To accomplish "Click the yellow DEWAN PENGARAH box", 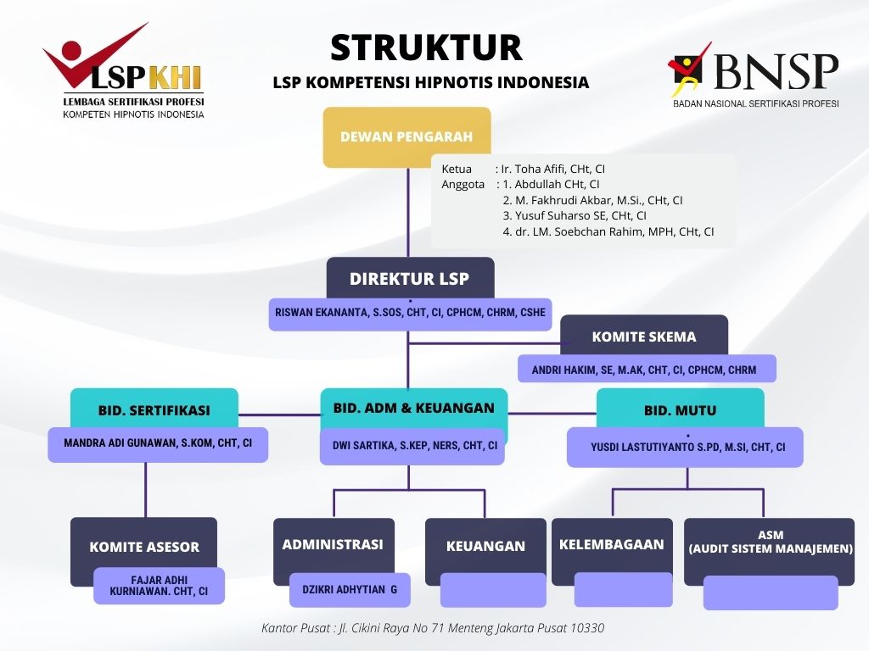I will point(406,136).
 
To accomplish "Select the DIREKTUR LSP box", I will point(410,278).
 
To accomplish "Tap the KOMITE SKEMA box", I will point(644,336).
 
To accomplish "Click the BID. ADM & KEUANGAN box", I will point(413,408).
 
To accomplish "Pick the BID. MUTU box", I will point(680,409).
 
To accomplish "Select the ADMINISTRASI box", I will point(333,544).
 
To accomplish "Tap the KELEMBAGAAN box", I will point(611,544).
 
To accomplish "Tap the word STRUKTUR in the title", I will point(426,48).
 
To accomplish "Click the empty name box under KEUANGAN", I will point(493,590).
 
